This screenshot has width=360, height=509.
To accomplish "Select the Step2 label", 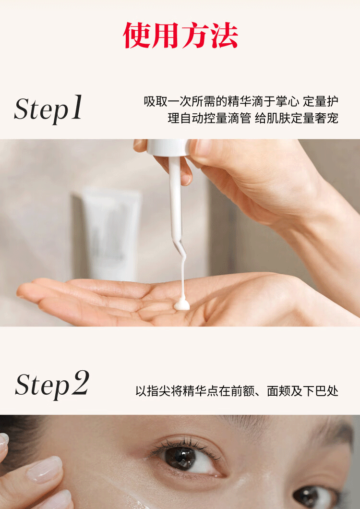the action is (52, 385).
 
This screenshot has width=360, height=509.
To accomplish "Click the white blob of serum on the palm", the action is (182, 305).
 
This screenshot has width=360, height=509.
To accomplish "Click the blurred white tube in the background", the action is (110, 234).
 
